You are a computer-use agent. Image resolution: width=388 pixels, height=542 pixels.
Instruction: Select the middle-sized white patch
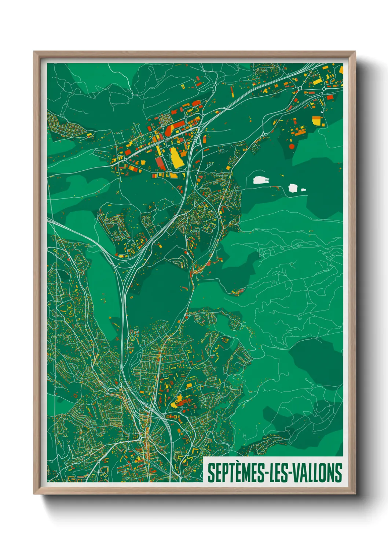click(x=293, y=188)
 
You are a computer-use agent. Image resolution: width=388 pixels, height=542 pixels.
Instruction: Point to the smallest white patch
click(x=303, y=190)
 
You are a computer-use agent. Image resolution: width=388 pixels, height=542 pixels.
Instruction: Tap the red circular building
click(x=292, y=146)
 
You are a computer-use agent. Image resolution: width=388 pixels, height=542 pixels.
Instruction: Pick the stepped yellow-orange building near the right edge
click(x=317, y=120)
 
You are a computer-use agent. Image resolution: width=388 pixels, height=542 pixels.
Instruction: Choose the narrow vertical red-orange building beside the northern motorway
click(x=232, y=91)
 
